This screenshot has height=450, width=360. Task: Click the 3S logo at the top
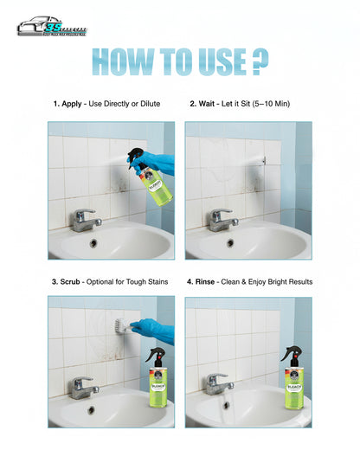[x=51, y=27]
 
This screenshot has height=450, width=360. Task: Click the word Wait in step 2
[x=209, y=105]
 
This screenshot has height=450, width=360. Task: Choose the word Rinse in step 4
[x=210, y=281]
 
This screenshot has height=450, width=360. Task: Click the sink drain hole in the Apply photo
[x=93, y=243]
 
